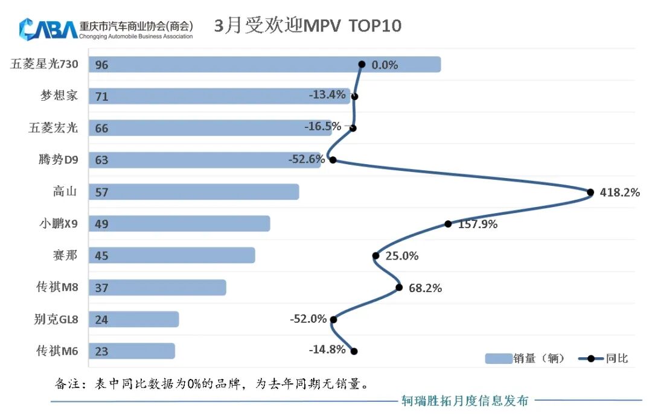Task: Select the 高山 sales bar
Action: click(x=194, y=192)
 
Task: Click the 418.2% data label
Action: click(x=620, y=193)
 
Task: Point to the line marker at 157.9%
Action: click(x=448, y=224)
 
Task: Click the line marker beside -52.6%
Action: click(x=332, y=160)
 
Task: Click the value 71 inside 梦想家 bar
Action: click(x=101, y=97)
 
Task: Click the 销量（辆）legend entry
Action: click(x=525, y=358)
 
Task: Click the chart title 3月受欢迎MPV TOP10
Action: click(x=308, y=26)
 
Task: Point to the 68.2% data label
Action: click(x=425, y=288)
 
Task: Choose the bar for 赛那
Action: click(x=172, y=255)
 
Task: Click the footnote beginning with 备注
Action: click(x=211, y=383)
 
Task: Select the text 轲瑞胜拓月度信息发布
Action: click(x=465, y=400)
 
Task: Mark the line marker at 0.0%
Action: click(x=362, y=64)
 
